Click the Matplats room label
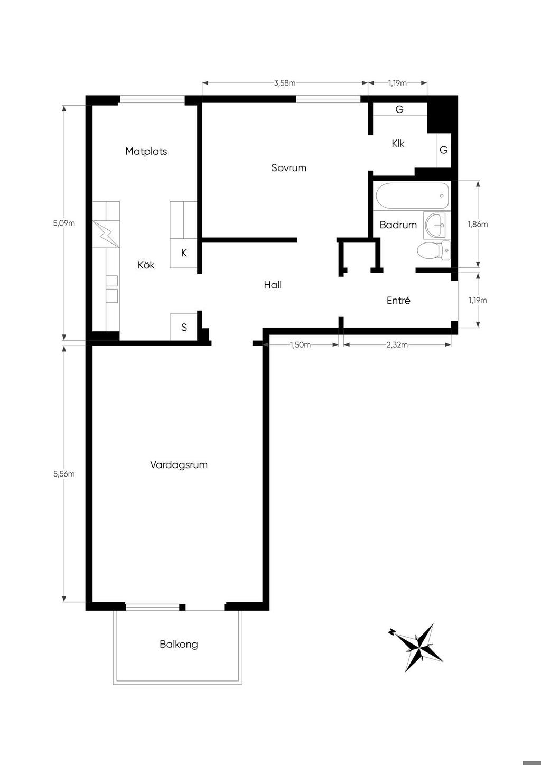[x=146, y=151]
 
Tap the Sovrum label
[x=288, y=167]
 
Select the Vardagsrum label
[x=179, y=465]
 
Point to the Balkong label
[x=179, y=645]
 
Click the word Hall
[x=273, y=284]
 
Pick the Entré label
[x=398, y=300]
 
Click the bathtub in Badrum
[x=412, y=195]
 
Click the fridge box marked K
[x=184, y=253]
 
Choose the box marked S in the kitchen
[x=184, y=327]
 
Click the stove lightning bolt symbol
[x=106, y=234]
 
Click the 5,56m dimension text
[x=64, y=474]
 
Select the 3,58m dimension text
[x=285, y=83]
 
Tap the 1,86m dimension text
[x=478, y=224]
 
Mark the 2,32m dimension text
[x=397, y=344]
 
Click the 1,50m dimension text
[x=300, y=344]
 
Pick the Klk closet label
[x=398, y=144]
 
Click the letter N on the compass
[x=391, y=631]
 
